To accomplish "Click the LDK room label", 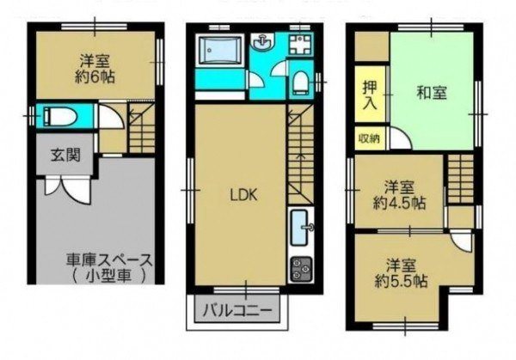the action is (243, 195).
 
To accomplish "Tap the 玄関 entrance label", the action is (66, 155).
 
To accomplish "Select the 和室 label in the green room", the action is (432, 93).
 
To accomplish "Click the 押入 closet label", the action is (370, 95).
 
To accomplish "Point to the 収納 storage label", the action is (369, 138).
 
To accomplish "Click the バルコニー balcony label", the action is (237, 309).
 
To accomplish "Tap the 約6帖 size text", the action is (95, 77).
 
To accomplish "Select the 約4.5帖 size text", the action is (400, 203).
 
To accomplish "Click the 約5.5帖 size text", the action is (401, 281).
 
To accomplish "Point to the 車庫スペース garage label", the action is (110, 260).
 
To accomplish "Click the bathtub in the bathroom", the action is (219, 49).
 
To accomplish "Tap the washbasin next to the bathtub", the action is (262, 41).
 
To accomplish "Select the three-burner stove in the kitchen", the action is (302, 269).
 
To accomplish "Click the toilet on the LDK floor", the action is (300, 82).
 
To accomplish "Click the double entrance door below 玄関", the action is (67, 188).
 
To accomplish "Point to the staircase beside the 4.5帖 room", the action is (460, 179).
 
